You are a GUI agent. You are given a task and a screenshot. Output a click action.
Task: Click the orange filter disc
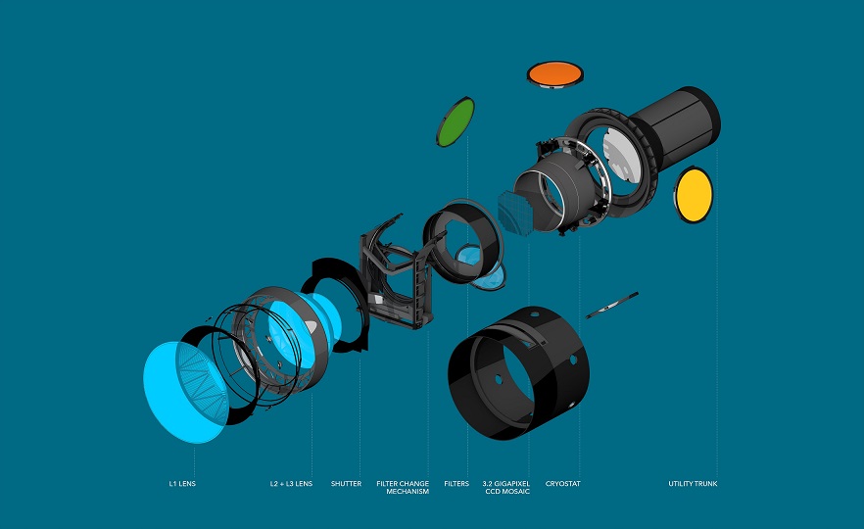(x=555, y=72)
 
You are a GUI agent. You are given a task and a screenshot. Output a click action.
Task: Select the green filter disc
(x=455, y=122)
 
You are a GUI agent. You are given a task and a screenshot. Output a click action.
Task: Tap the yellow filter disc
(x=694, y=194)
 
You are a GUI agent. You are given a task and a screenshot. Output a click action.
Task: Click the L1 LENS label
(x=182, y=484)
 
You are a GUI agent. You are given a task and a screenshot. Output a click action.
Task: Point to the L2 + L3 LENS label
(x=292, y=484)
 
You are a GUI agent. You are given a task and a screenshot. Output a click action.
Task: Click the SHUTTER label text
(x=346, y=484)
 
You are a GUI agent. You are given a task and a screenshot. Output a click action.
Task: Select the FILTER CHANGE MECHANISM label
(x=403, y=487)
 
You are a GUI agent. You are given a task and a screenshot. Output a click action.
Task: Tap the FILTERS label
(x=456, y=484)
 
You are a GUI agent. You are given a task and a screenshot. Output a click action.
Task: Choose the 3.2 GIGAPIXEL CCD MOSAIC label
(x=506, y=487)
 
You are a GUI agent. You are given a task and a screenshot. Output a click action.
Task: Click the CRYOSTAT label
(x=562, y=484)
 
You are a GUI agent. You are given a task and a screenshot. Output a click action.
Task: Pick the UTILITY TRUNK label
(x=693, y=484)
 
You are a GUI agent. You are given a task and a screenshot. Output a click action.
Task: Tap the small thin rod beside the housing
(x=612, y=304)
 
